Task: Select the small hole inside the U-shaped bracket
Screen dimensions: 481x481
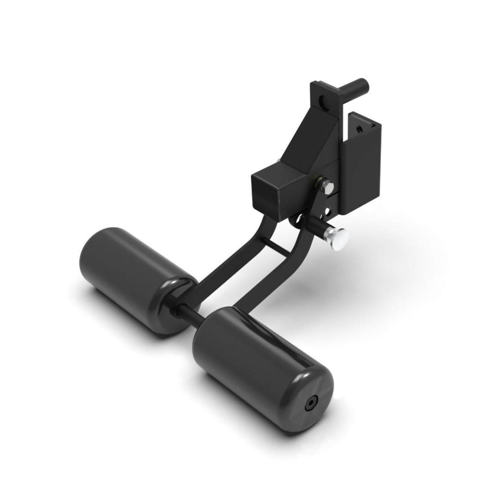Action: point(359,126)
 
